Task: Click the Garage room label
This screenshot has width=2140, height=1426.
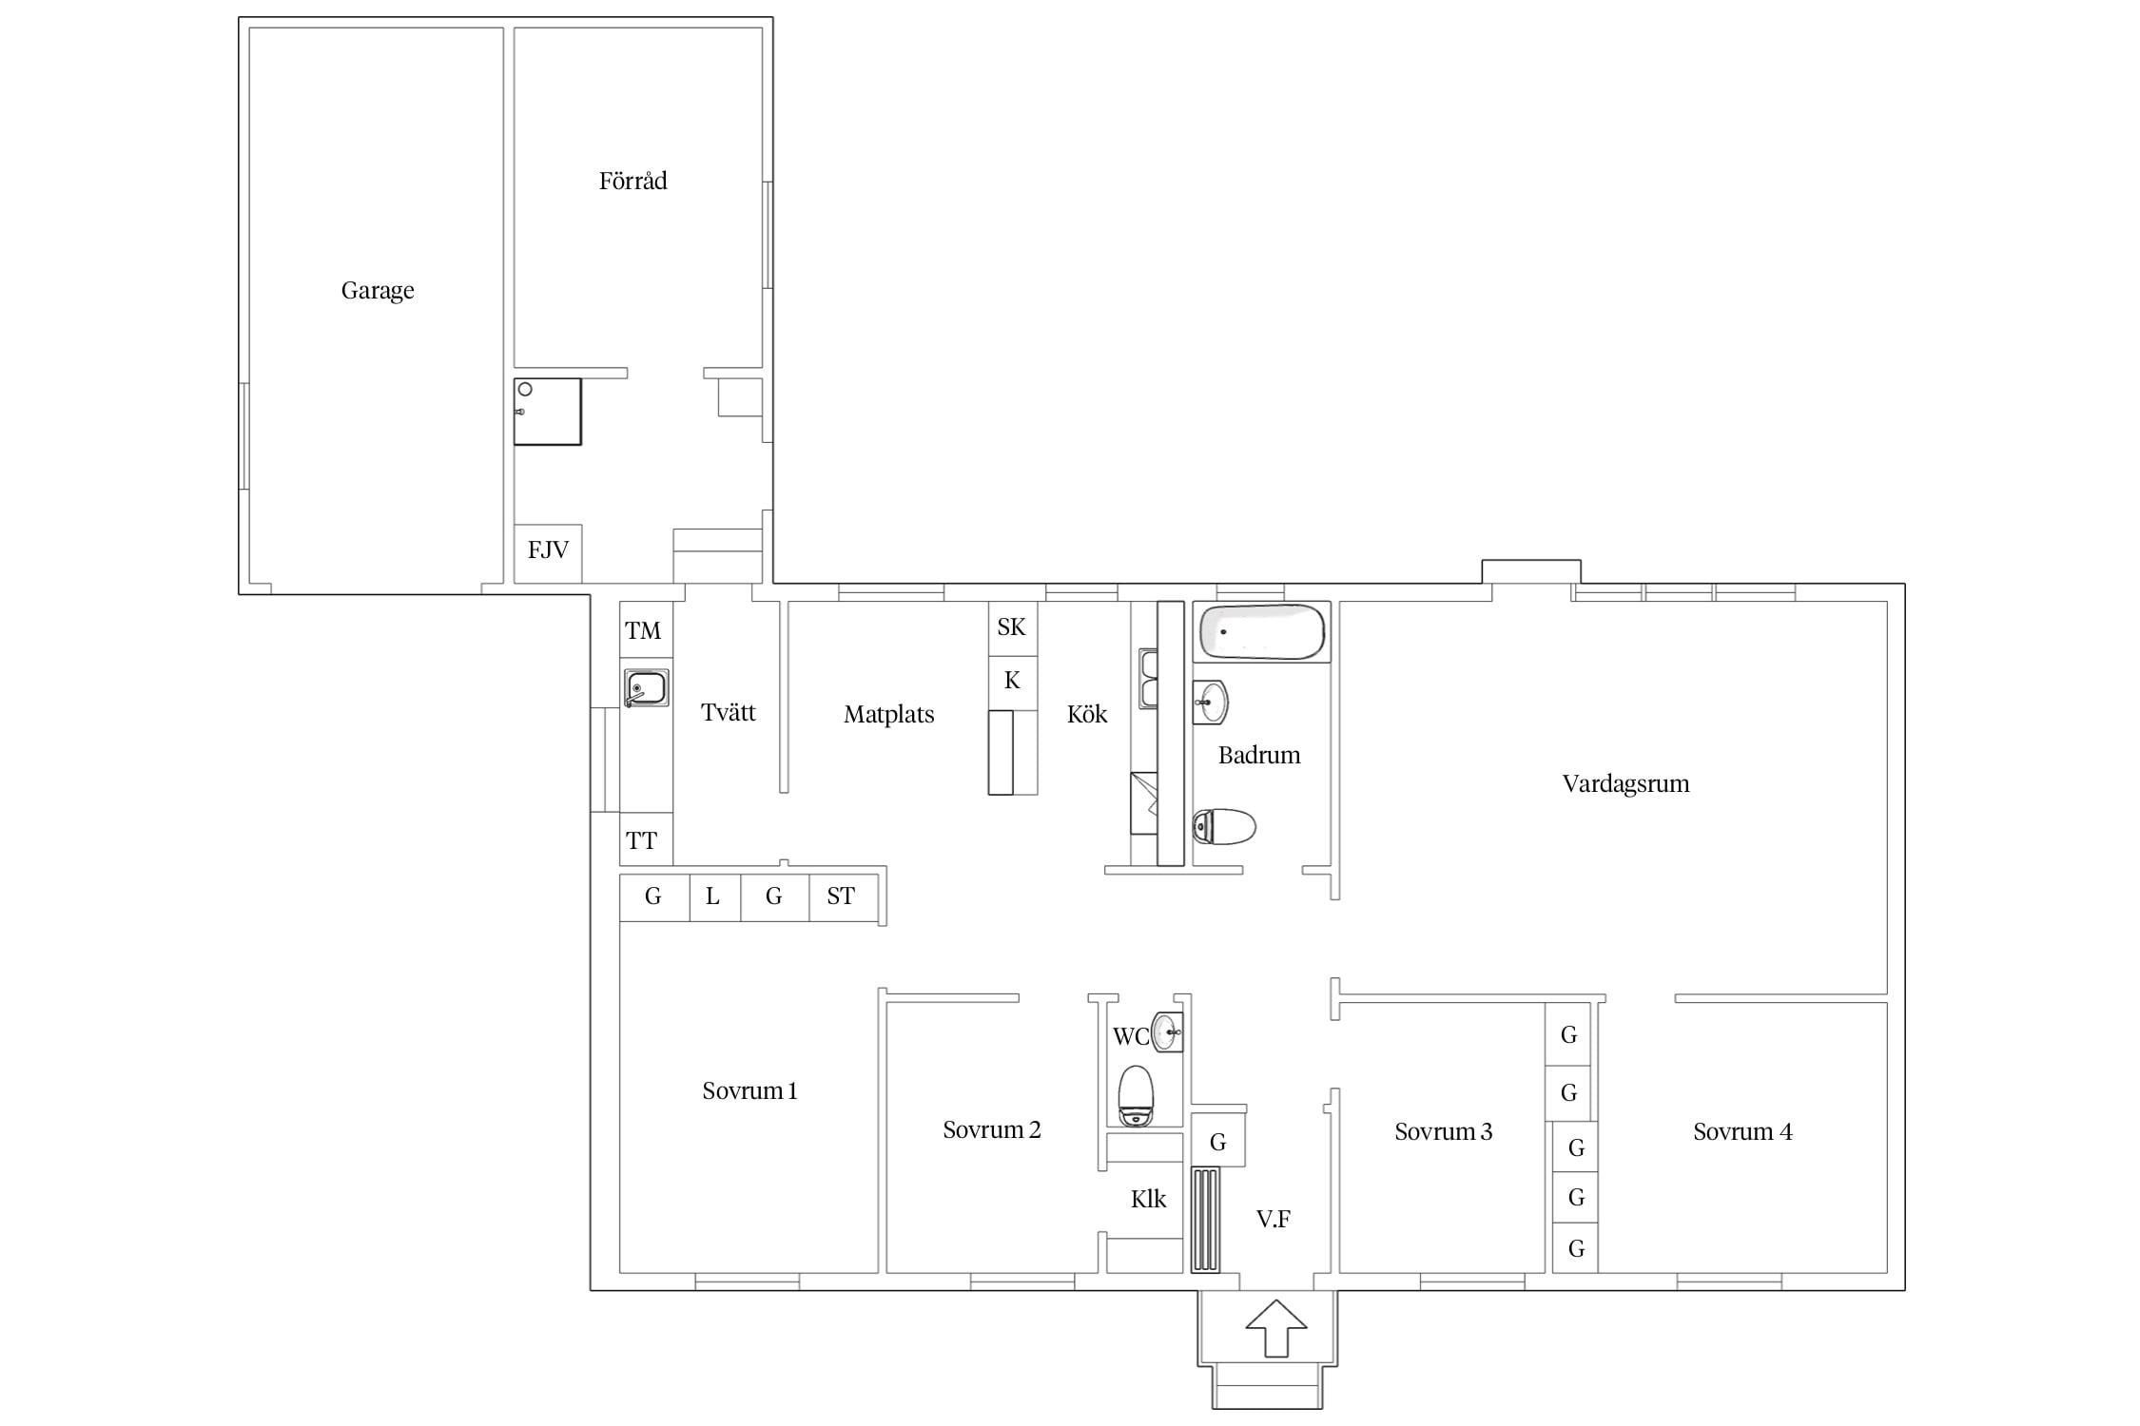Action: point(378,291)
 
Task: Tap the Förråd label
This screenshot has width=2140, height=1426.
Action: point(632,181)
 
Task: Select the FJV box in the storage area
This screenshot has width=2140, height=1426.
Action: point(548,553)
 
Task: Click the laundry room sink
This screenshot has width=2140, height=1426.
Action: point(647,688)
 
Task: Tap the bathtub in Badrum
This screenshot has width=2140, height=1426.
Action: point(1261,631)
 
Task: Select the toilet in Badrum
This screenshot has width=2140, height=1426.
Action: point(1224,827)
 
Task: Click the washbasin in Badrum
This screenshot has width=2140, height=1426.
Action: point(1210,703)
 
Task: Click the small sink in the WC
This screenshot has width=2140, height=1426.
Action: point(1167,1031)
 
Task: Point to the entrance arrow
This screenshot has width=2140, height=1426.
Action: point(1276,1327)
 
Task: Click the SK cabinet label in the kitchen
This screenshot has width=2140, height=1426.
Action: point(1011,627)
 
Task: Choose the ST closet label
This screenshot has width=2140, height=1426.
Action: point(841,896)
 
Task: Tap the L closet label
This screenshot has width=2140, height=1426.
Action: point(712,896)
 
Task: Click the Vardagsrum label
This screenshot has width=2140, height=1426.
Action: point(1625,784)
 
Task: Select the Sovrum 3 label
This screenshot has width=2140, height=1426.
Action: point(1443,1131)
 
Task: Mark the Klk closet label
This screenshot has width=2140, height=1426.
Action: point(1148,1199)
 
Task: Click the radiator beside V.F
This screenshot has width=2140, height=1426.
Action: point(1205,1220)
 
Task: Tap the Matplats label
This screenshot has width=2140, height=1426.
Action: point(888,715)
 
